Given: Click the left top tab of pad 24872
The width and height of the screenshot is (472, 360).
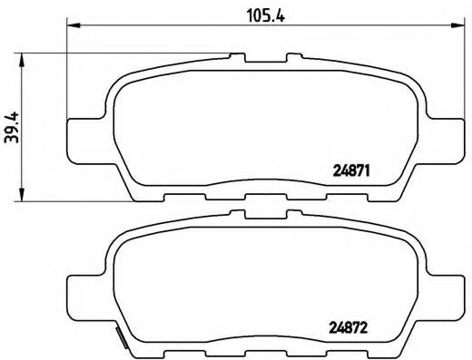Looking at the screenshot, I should coord(237,217).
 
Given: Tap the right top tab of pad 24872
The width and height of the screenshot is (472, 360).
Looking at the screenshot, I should coord(291,217).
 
